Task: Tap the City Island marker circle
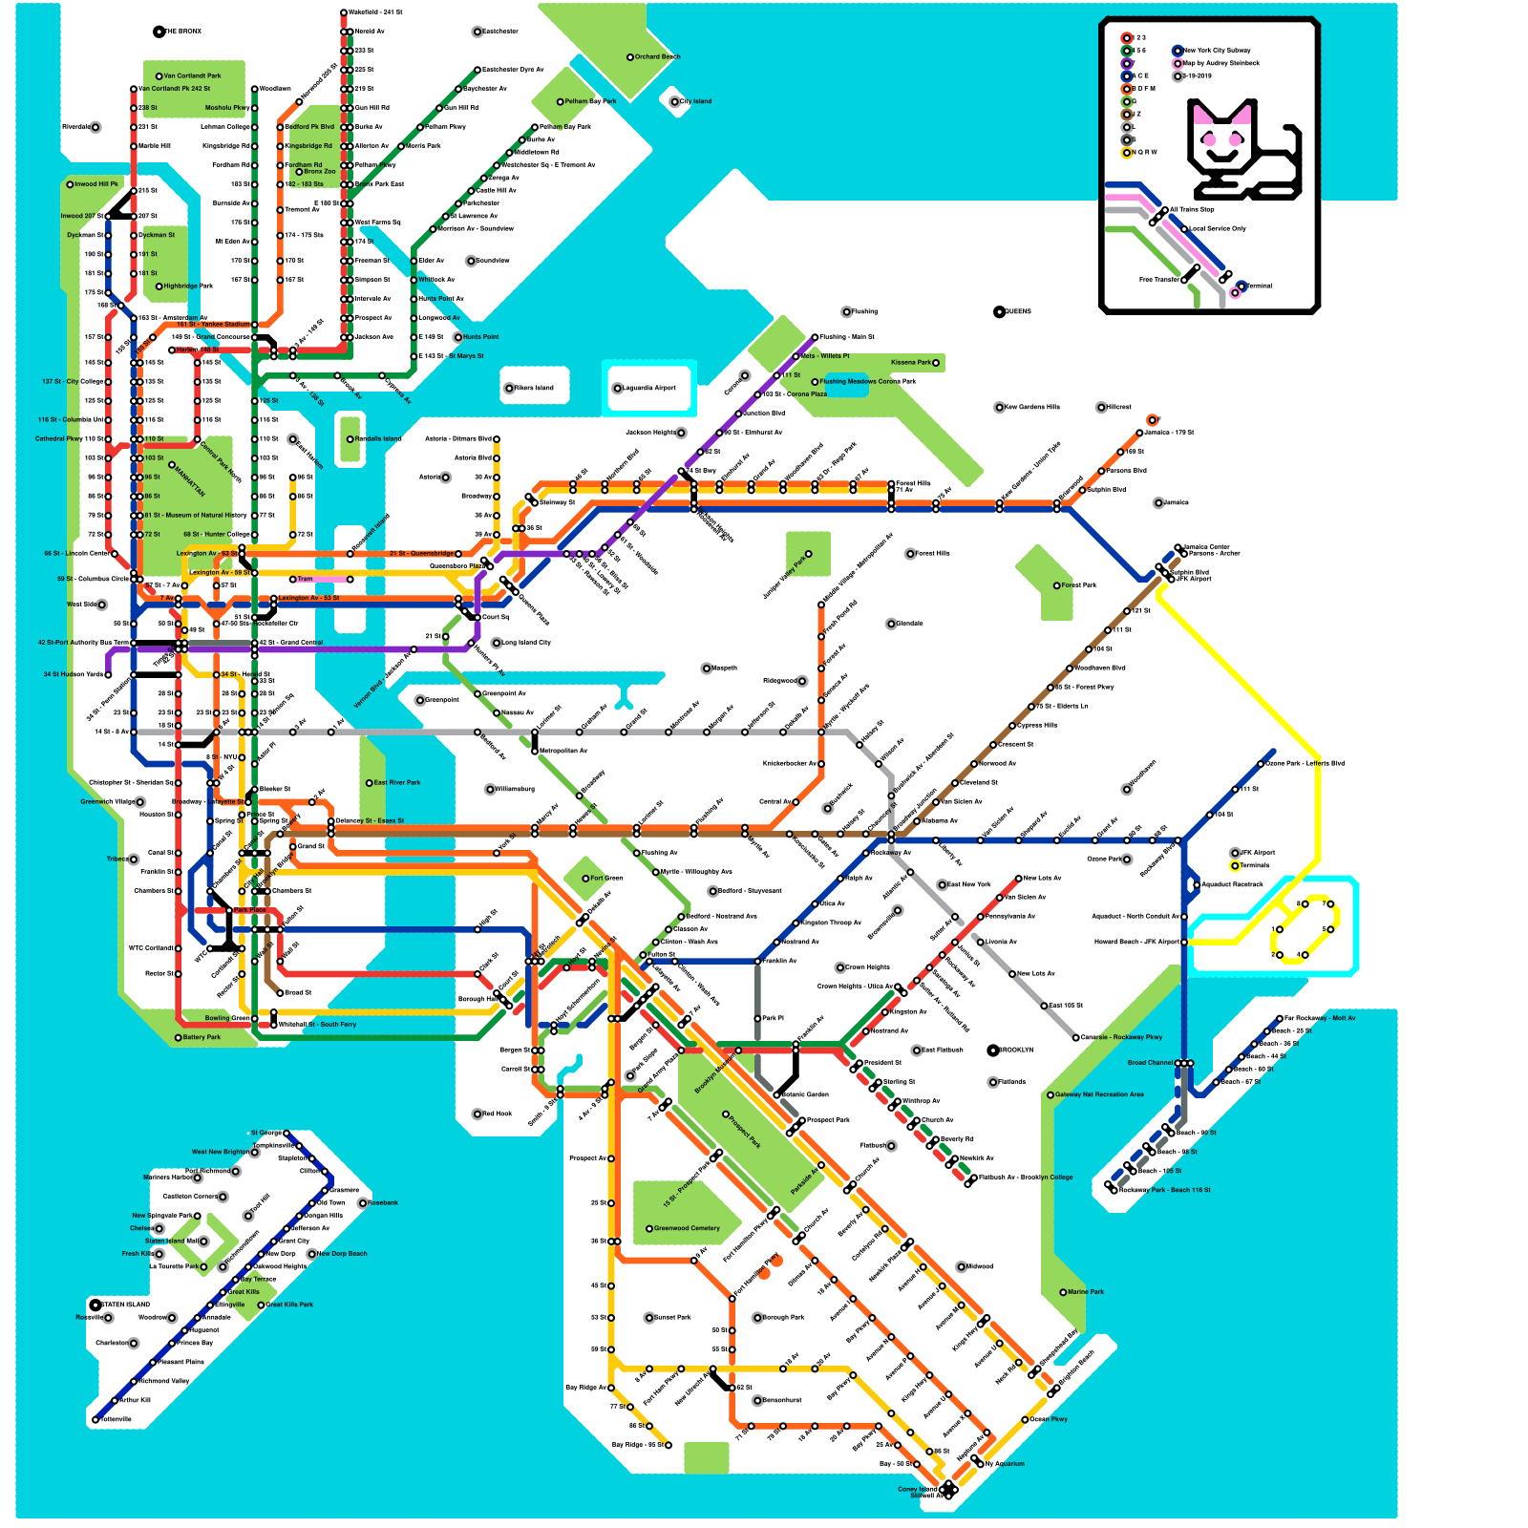[675, 101]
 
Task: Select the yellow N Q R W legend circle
[1127, 152]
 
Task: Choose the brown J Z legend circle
[1127, 114]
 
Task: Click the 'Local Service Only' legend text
[1218, 229]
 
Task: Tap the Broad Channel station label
[1150, 1063]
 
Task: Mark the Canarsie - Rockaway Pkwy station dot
[1076, 1037]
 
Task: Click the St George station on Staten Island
[286, 1134]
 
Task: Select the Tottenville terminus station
[95, 1420]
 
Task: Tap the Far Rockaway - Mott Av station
[1281, 1019]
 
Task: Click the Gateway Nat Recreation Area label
[1099, 1095]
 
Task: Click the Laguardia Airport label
[649, 389]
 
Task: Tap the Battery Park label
[201, 1037]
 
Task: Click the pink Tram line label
[305, 579]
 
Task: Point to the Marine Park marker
[1064, 1292]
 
